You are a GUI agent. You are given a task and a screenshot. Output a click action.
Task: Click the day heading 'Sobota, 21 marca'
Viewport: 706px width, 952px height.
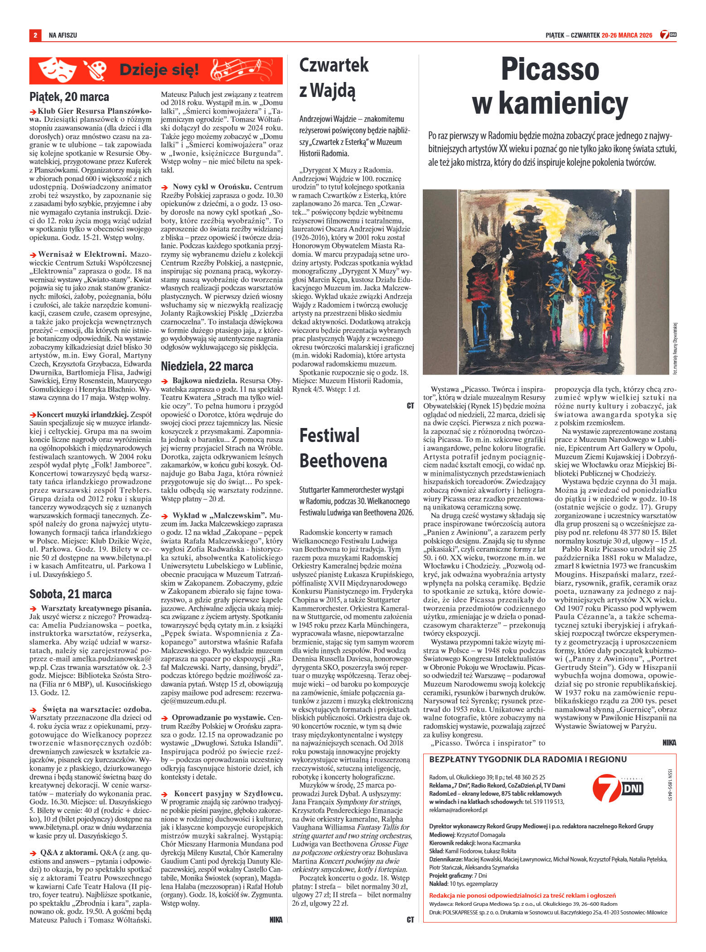70,593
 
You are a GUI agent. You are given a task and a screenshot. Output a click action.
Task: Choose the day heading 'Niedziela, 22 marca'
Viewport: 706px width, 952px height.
207,366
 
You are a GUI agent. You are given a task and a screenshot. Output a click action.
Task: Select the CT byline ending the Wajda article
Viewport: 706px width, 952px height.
410,406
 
